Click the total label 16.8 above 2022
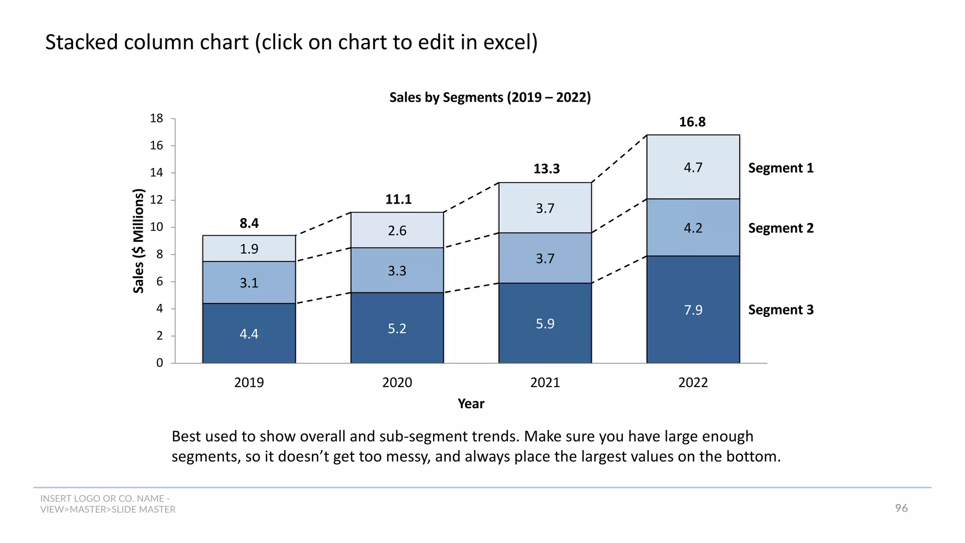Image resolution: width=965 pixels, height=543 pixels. pos(692,122)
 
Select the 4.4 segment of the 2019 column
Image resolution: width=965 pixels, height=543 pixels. pos(249,334)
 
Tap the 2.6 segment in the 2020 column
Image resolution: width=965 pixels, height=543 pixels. pos(397,230)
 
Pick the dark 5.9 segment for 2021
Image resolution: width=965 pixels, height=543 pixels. pos(545,323)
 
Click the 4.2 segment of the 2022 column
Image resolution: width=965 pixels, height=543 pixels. pos(693,228)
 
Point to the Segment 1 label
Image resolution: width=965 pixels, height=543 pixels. pos(780,168)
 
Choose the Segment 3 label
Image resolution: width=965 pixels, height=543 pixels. pos(780,310)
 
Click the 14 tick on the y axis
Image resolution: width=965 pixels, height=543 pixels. pos(156,173)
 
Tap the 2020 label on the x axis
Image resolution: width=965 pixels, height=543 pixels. pos(397,382)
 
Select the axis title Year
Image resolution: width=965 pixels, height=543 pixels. pos(471,404)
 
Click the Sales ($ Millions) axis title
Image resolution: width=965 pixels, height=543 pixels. pos(138,241)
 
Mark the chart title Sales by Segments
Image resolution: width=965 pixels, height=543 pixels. pos(490,98)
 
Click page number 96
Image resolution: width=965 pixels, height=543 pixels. pos(901,508)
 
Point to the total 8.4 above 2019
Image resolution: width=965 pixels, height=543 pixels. pos(249,223)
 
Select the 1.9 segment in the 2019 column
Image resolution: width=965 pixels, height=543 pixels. pos(249,249)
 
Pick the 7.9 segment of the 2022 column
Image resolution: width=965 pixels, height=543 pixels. pos(693,310)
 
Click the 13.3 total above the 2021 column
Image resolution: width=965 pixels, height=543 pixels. pos(546,169)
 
